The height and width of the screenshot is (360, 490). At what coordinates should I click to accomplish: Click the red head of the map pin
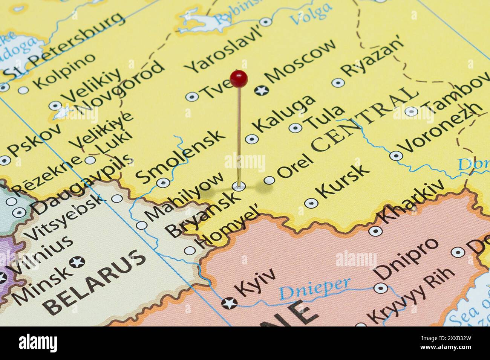coord(239,78)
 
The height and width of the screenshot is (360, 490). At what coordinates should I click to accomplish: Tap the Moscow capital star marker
coord(261,90)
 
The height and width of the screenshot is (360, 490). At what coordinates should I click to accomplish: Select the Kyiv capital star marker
coord(229,302)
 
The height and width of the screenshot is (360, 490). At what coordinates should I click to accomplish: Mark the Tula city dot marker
coord(295,128)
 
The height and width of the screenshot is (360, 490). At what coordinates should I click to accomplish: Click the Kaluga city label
coord(285,113)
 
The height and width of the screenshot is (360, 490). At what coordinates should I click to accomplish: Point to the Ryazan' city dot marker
coord(338,83)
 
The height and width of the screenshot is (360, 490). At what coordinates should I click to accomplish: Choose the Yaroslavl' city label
coord(224,50)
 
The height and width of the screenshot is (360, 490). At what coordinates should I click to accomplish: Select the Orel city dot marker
coord(269,180)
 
